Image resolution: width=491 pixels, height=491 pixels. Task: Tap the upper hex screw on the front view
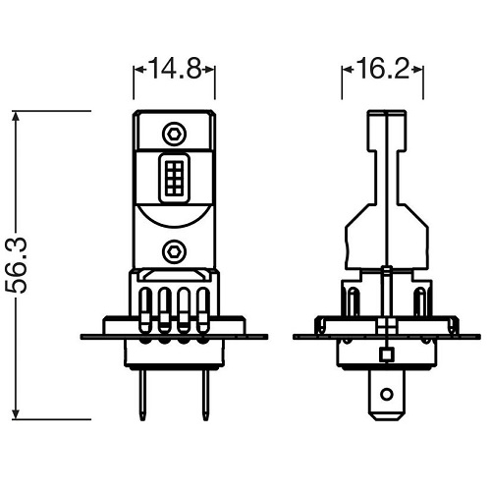point(175,131)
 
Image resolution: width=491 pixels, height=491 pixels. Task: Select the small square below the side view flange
point(387,354)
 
